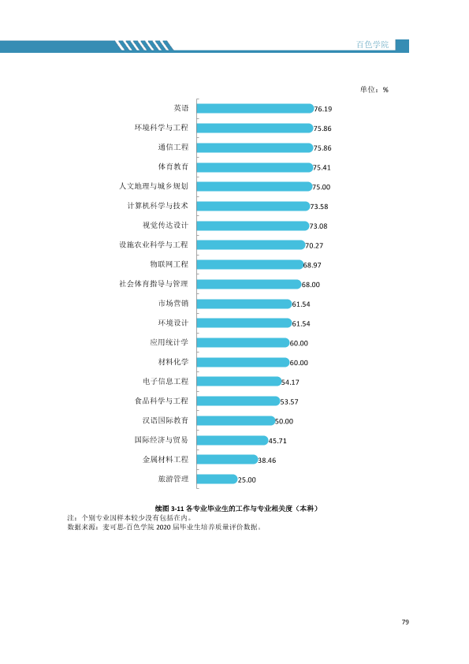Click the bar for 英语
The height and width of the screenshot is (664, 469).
[x=255, y=108]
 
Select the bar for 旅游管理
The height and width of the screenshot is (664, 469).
[x=217, y=479]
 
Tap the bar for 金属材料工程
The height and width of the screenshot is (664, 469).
[x=227, y=460]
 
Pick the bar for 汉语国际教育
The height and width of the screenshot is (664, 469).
[x=236, y=420]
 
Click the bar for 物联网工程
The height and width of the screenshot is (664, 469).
[x=251, y=265]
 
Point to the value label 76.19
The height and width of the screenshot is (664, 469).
[x=323, y=110]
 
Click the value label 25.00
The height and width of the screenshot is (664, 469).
[x=247, y=479]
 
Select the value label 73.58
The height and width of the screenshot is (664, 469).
[x=319, y=207]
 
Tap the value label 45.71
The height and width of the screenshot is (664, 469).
[x=277, y=441]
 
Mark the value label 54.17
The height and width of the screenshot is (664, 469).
[x=290, y=382]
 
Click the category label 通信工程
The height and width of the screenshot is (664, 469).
[x=173, y=147]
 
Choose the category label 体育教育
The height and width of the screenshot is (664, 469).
[x=173, y=166]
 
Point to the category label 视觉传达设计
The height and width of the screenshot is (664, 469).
[x=166, y=226]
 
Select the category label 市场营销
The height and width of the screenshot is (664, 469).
[x=173, y=303]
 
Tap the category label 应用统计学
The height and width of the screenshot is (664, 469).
[x=169, y=342]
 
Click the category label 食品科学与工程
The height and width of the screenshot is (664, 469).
[x=162, y=401]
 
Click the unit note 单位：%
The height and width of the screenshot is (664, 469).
[x=374, y=89]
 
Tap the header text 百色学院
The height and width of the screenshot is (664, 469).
[x=373, y=44]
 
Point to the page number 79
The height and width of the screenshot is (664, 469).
[x=405, y=622]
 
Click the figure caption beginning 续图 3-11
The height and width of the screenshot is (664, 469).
[x=236, y=508]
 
